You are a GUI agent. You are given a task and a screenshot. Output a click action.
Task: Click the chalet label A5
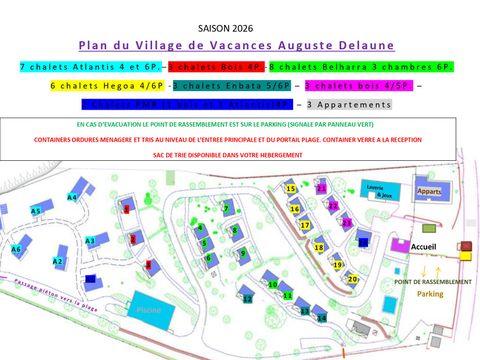(x=36, y=212)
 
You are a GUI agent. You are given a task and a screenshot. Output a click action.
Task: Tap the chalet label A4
(x=72, y=198)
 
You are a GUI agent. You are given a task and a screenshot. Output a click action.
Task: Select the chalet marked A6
(x=16, y=249)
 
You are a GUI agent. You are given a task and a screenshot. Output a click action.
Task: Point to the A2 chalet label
(x=59, y=262)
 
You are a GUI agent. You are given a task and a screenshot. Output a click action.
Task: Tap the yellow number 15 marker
(x=291, y=188)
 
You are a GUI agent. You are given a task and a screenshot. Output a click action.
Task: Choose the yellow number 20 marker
(x=352, y=278)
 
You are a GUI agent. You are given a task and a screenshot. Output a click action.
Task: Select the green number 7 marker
(x=227, y=208)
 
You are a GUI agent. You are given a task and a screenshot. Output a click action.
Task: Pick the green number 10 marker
(x=272, y=285)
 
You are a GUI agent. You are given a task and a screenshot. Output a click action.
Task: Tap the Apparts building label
(x=429, y=191)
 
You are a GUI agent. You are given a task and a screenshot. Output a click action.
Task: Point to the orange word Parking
(x=430, y=294)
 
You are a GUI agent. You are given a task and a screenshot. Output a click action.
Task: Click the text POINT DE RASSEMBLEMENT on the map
(x=433, y=282)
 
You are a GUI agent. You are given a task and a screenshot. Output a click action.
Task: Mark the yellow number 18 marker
(x=319, y=247)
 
